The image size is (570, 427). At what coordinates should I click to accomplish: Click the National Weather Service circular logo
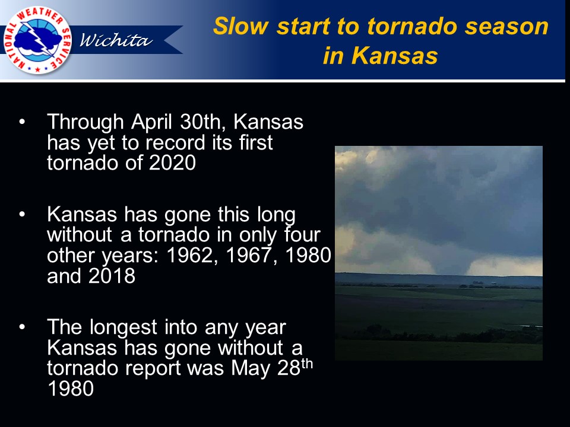point(37,40)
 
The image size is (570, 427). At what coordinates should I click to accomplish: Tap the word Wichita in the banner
point(116,40)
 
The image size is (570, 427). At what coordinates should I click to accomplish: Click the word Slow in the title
point(240,27)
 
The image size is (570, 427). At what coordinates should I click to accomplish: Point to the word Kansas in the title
point(395,56)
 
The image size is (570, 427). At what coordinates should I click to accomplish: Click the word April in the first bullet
point(151,122)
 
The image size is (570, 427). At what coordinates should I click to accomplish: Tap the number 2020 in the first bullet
point(172,162)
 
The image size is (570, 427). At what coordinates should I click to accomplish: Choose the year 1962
point(190,255)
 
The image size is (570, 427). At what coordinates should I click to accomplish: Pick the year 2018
point(112,276)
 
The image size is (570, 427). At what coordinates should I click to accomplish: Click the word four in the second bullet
point(302,235)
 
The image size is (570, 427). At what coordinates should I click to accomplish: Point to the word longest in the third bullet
point(123,328)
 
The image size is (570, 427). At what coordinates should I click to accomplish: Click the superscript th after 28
point(307,364)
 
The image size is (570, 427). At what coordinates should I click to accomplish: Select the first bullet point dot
point(22,122)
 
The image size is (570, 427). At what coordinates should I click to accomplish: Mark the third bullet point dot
point(22,327)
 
